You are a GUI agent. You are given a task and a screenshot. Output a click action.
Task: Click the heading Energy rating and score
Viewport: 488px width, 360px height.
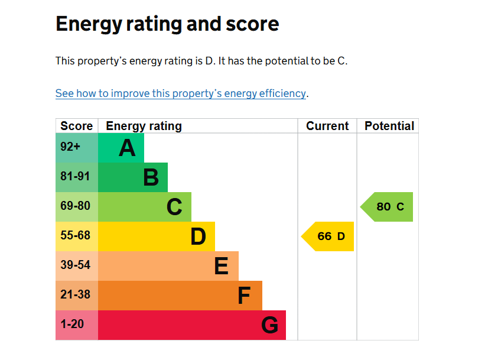(x=167, y=24)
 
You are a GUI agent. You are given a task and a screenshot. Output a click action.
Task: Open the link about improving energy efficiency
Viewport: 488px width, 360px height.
(x=181, y=93)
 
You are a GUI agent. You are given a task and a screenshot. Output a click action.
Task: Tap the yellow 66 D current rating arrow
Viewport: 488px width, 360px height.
(x=328, y=236)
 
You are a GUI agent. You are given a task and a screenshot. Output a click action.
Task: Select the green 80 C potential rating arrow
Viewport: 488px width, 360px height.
(x=388, y=207)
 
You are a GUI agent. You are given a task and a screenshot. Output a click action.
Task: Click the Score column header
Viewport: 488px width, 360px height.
(x=77, y=126)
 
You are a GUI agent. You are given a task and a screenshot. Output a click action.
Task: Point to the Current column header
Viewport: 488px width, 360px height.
(x=327, y=126)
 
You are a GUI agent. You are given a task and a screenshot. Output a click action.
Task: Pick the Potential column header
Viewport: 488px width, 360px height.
(x=389, y=126)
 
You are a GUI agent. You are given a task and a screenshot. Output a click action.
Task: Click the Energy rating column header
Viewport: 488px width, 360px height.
(x=144, y=126)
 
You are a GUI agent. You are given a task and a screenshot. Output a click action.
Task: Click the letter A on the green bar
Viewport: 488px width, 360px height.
(x=127, y=148)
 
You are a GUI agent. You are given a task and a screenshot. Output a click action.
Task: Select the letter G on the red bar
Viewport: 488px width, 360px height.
(x=269, y=325)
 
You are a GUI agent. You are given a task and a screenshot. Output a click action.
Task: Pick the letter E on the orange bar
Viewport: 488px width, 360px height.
(x=222, y=266)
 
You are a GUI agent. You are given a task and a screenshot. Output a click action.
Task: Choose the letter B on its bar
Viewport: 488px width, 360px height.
(x=151, y=177)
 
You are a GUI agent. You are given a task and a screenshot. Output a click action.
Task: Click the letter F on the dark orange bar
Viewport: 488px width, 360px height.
(x=244, y=296)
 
